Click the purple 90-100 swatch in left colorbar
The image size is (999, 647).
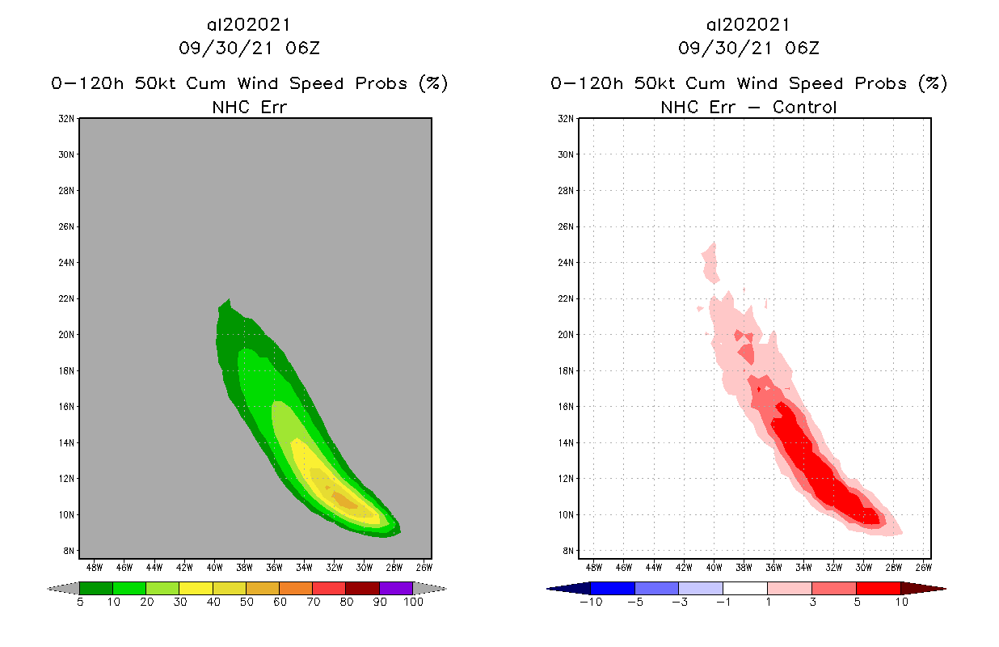(x=396, y=588)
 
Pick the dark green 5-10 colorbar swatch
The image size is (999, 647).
(x=96, y=588)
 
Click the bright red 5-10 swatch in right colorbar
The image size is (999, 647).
(x=878, y=588)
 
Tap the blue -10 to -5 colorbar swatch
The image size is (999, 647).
(x=613, y=588)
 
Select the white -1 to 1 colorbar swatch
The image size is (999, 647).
(x=745, y=588)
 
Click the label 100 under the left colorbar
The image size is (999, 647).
(x=413, y=603)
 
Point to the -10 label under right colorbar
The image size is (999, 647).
(x=589, y=603)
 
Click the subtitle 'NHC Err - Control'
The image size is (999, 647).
(x=748, y=107)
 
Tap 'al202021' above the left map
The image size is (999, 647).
(x=249, y=25)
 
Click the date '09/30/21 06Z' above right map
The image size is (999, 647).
(x=748, y=48)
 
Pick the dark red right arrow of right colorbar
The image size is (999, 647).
(x=925, y=588)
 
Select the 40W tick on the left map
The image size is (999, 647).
(x=213, y=566)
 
